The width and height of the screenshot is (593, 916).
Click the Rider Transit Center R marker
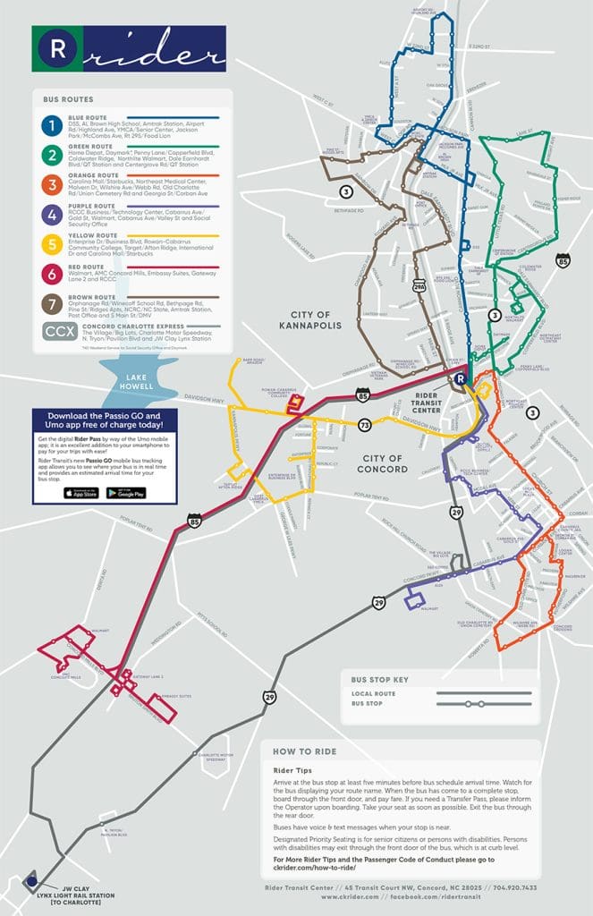460,379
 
